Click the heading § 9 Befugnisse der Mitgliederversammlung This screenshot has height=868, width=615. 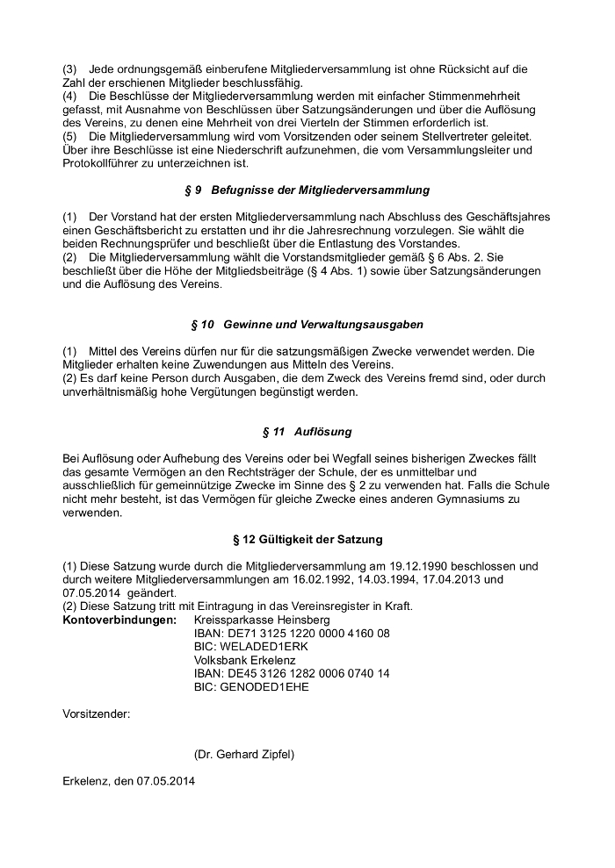click(x=307, y=190)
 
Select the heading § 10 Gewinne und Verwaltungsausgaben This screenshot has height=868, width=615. click(x=307, y=325)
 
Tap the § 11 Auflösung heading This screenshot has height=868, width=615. click(x=307, y=432)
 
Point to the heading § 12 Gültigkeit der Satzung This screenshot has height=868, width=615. click(x=307, y=539)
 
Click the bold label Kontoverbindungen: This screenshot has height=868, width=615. click(x=120, y=621)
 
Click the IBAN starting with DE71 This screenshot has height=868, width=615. click(x=292, y=634)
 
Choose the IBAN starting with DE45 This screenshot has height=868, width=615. click(x=292, y=673)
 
